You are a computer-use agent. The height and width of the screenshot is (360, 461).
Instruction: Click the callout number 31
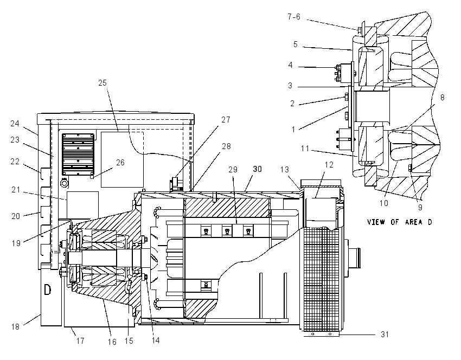[385, 335]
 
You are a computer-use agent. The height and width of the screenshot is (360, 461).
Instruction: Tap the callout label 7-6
[294, 17]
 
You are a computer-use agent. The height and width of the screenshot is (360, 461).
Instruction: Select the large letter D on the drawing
[47, 290]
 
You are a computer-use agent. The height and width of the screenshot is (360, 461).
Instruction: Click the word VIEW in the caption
[376, 222]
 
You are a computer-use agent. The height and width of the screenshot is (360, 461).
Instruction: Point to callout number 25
[103, 83]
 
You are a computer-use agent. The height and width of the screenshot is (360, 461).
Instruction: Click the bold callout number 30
[257, 169]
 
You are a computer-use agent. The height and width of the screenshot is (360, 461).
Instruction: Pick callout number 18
[15, 326]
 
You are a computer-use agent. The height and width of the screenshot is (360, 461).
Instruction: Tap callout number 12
[329, 165]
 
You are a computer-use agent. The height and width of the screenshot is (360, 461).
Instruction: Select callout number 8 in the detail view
[442, 98]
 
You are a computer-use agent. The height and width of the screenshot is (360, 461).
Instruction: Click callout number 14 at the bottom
[156, 340]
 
